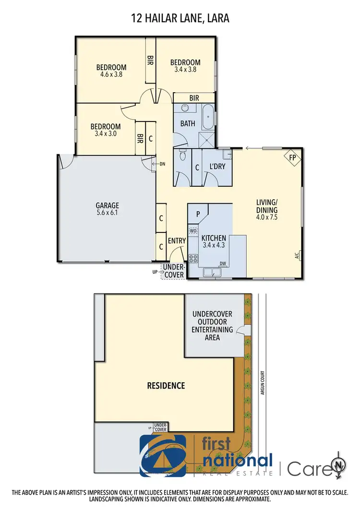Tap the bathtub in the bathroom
tap(208, 117)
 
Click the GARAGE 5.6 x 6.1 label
tap(107, 209)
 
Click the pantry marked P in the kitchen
tap(197, 214)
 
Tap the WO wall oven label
tap(193, 231)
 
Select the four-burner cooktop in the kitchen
tap(194, 258)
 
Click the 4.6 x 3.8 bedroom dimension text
tap(111, 74)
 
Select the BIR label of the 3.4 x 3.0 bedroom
tap(140, 138)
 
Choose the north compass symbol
tap(339, 464)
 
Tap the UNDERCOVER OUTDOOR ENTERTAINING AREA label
tap(212, 326)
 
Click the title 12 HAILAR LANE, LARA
tap(180, 19)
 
